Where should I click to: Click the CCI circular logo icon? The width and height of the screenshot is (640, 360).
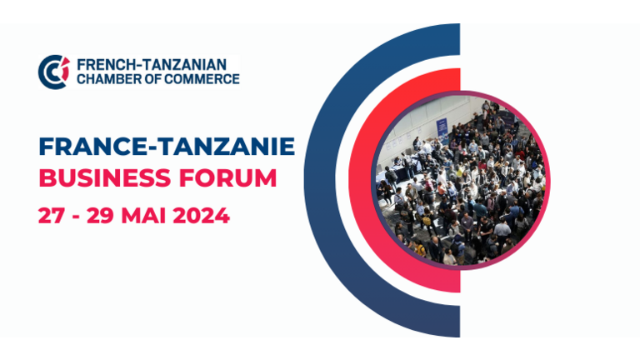pyautogui.click(x=54, y=72)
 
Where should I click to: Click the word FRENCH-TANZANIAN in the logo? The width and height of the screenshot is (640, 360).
pyautogui.click(x=152, y=64)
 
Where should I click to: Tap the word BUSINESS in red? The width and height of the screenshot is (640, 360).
pyautogui.click(x=105, y=178)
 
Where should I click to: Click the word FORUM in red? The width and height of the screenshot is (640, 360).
pyautogui.click(x=228, y=178)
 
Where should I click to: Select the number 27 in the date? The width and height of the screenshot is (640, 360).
pyautogui.click(x=52, y=216)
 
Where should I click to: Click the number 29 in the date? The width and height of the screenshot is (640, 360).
pyautogui.click(x=100, y=216)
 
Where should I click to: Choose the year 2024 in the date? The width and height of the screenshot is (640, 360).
pyautogui.click(x=201, y=216)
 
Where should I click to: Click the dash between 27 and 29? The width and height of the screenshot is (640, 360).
pyautogui.click(x=76, y=217)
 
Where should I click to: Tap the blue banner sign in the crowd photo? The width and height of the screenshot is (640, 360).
pyautogui.click(x=442, y=127)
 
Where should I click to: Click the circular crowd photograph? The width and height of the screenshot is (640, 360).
pyautogui.click(x=461, y=180)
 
